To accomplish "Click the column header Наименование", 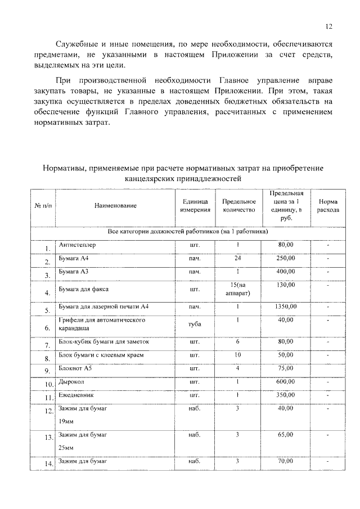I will pos(115,206).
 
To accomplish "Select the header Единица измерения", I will pos(195,206).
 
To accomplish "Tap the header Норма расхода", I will pos(328,206).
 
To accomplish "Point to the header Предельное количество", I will pos(238,206).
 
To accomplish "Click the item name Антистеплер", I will pos(78,245).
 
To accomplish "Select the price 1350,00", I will pos(285,307).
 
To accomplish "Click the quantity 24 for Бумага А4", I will pos(238,258).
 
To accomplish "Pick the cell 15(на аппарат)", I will pos(238,289).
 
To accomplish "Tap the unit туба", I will pos(195,325).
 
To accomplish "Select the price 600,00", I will pos(285,382).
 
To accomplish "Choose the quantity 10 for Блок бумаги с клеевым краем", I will pos(238,355).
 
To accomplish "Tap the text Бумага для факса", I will pos(84,290).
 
